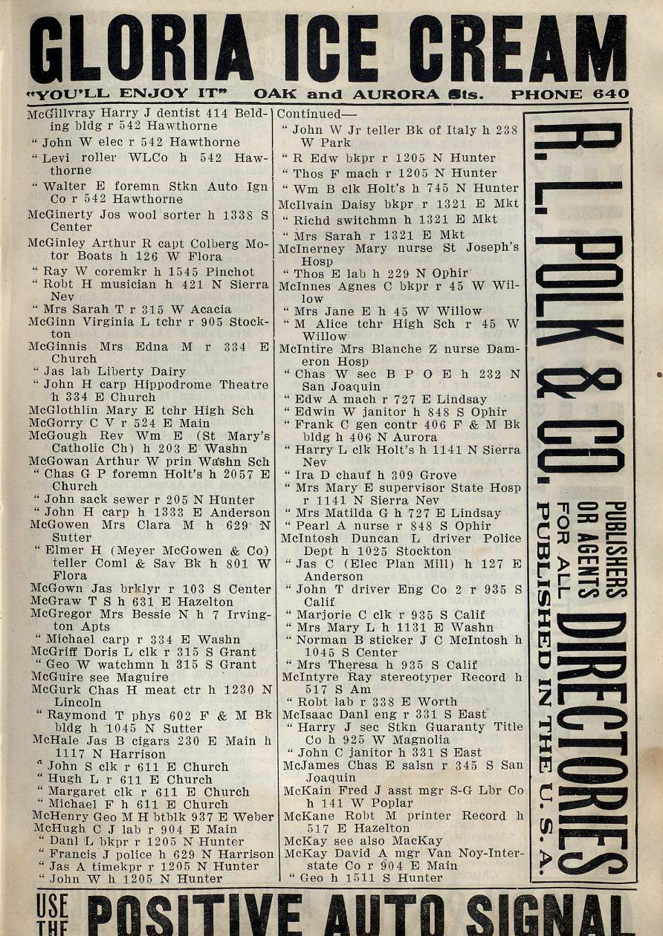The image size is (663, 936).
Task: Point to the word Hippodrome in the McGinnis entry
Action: pyautogui.click(x=177, y=385)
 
